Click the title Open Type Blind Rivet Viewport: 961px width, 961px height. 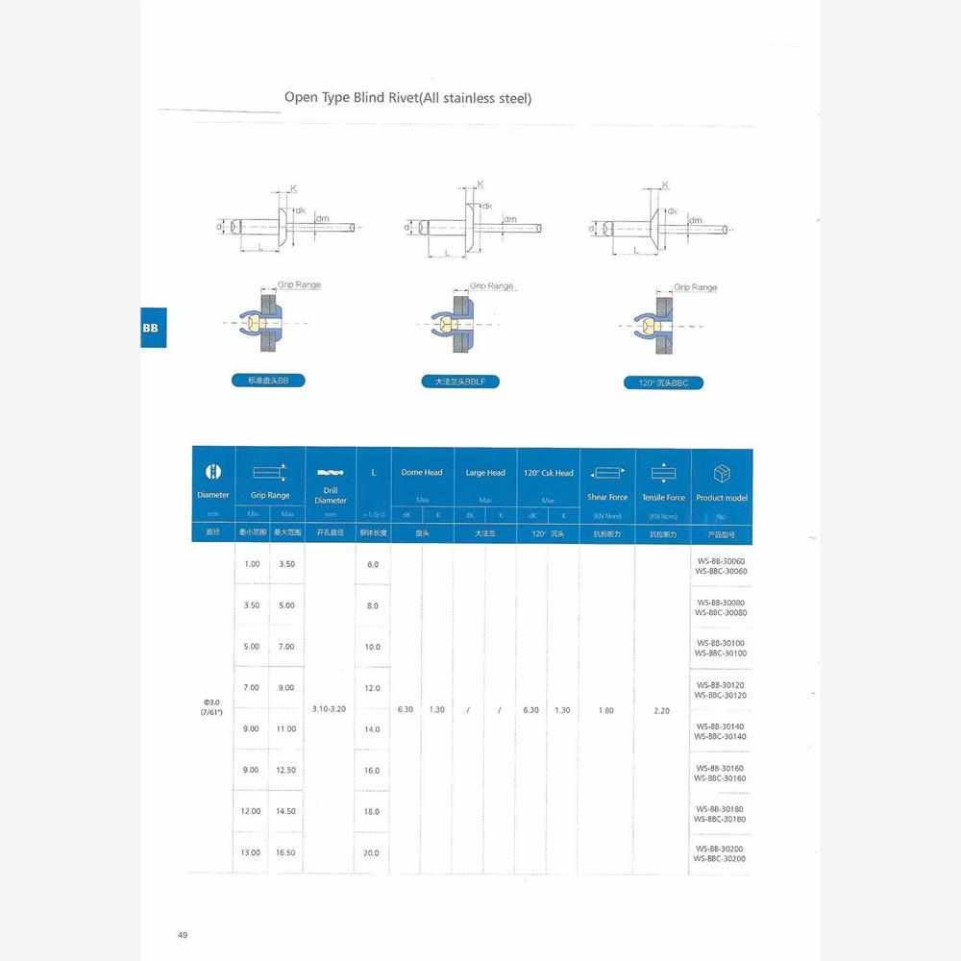click(x=407, y=98)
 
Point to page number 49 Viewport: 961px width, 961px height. click(x=183, y=934)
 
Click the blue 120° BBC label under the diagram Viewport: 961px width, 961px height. click(x=663, y=382)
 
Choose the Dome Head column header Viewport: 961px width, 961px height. click(x=421, y=473)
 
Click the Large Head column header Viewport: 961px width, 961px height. click(x=485, y=473)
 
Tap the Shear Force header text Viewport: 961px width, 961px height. click(x=607, y=497)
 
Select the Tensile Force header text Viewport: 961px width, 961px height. click(x=663, y=497)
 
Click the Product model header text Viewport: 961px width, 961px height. click(x=722, y=498)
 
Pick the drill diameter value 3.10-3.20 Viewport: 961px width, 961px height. click(x=331, y=709)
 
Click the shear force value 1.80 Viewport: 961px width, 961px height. click(x=606, y=710)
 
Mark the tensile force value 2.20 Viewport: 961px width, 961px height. click(x=661, y=710)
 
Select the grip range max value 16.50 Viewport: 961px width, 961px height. click(x=286, y=852)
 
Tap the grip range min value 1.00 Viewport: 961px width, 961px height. click(x=252, y=564)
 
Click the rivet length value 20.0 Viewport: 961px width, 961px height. click(x=372, y=852)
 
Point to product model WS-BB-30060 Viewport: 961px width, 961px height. click(x=721, y=561)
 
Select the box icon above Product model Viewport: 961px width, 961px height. click(x=722, y=474)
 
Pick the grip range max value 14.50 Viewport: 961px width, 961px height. click(x=286, y=811)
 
